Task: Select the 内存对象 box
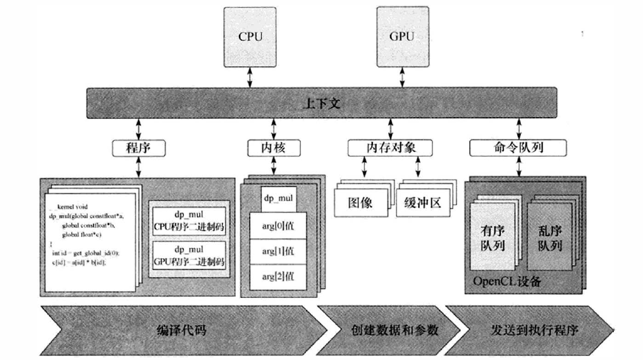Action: [x=391, y=148]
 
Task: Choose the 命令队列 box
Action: [x=517, y=148]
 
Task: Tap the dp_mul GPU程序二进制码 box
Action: [x=191, y=256]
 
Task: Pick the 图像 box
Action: [x=360, y=202]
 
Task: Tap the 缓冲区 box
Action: [x=422, y=202]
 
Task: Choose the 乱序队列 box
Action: [x=549, y=235]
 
